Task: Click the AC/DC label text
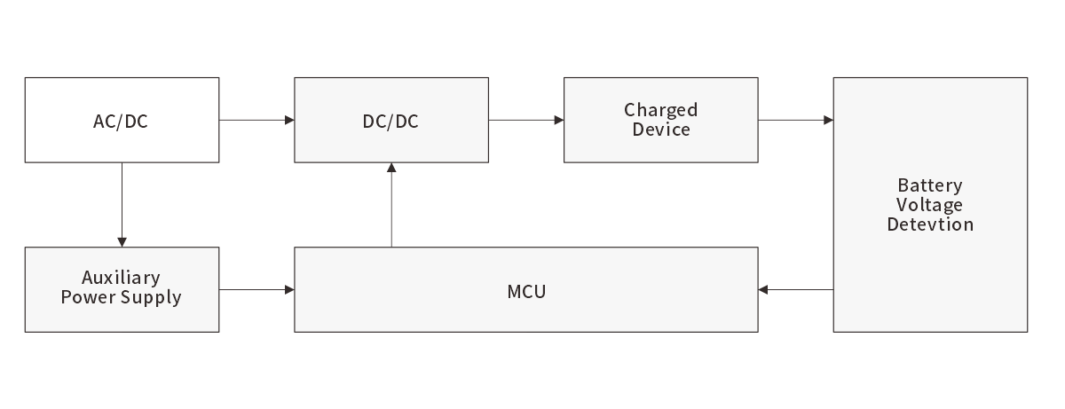(121, 122)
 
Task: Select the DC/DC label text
(390, 122)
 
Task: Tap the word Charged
(660, 110)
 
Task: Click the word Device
(660, 130)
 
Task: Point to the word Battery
(930, 185)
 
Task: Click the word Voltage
(930, 205)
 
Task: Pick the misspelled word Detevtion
(930, 224)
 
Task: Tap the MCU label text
(526, 291)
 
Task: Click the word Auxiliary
(121, 278)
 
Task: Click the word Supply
(150, 297)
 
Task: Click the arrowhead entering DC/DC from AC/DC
(289, 120)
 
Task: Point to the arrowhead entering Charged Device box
(559, 120)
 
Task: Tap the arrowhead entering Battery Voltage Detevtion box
(828, 120)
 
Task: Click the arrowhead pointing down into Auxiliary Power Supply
(122, 242)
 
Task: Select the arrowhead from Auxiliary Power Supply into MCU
(289, 290)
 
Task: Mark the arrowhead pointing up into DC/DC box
(390, 169)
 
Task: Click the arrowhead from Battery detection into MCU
(764, 290)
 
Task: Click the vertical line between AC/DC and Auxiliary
(122, 200)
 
